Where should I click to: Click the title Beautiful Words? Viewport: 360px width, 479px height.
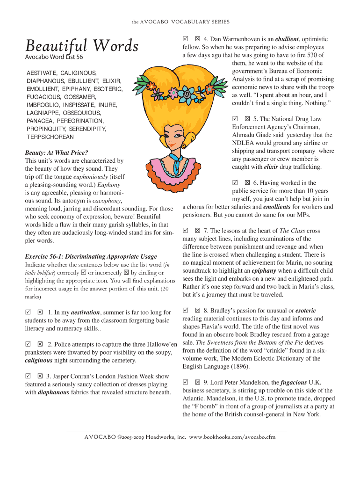coord(82,46)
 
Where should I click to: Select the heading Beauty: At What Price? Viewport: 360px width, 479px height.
coord(56,152)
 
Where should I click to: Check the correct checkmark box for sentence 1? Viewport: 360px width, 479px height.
coord(28,312)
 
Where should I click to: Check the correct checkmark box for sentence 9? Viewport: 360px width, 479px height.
coord(186,382)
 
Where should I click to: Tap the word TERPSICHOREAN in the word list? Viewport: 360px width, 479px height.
coord(50,137)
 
